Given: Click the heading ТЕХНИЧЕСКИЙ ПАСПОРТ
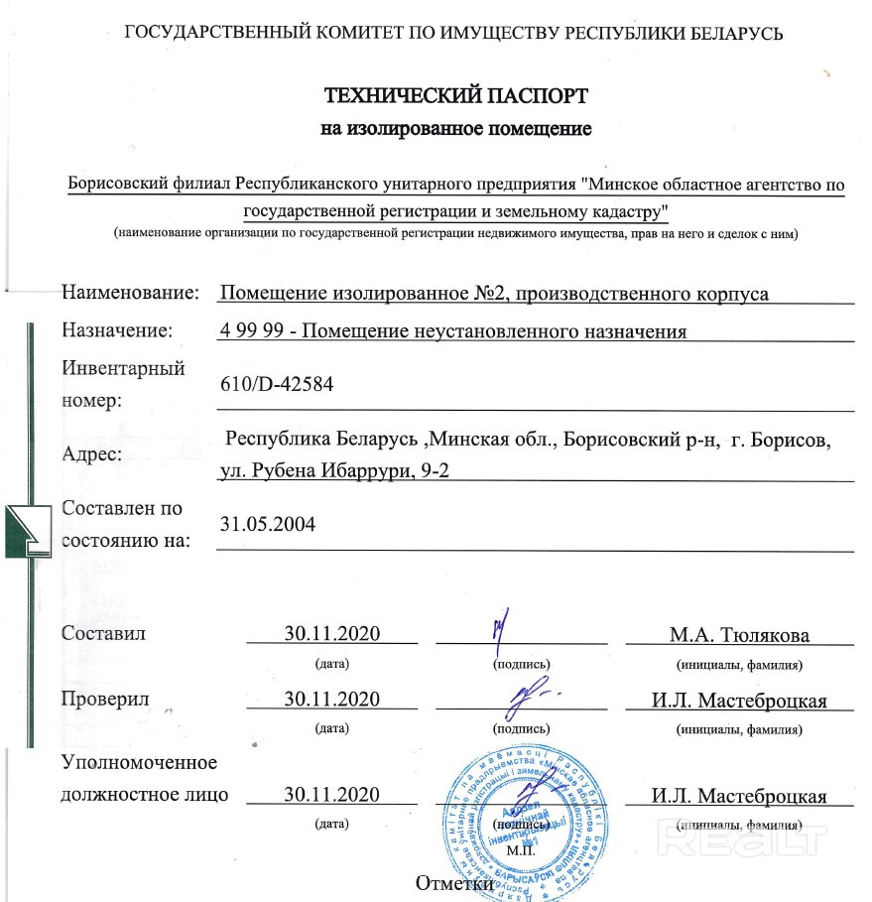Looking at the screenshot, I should (x=456, y=96).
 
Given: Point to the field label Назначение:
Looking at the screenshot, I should (x=117, y=331).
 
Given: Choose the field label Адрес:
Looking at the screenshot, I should (x=92, y=454).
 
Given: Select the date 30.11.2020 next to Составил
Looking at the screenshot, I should (x=332, y=634).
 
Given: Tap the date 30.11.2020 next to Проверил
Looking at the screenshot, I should (x=332, y=700).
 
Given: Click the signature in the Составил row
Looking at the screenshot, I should (x=504, y=625).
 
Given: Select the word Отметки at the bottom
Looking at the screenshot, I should (x=455, y=884).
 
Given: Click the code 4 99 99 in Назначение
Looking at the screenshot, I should (x=253, y=331).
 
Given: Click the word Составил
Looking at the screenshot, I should (x=103, y=634).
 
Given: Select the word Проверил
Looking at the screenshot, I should (x=105, y=700).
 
